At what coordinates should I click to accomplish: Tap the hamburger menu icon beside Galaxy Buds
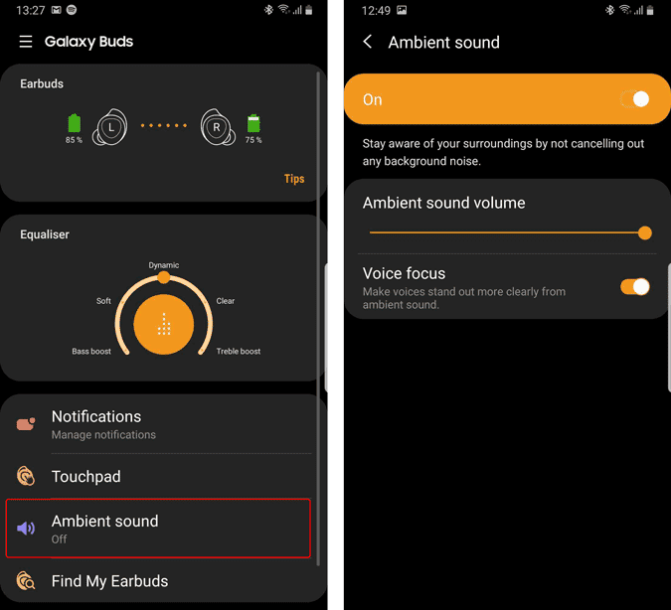[x=26, y=42]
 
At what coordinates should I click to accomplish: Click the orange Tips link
[x=294, y=179]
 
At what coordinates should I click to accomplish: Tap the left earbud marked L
[x=110, y=127]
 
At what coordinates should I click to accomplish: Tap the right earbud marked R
[x=218, y=127]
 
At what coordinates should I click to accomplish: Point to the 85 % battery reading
[x=74, y=140]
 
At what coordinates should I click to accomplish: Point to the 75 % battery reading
[x=253, y=140]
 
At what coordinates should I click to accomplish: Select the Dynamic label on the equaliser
[x=163, y=265]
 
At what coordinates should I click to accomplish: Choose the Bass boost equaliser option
[x=91, y=352]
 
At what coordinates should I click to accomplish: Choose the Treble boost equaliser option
[x=239, y=352]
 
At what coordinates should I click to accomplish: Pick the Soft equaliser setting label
[x=103, y=301]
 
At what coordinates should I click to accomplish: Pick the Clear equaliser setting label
[x=225, y=301]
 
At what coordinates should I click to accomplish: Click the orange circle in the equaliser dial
[x=163, y=324]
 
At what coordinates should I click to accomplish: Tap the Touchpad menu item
[x=86, y=477]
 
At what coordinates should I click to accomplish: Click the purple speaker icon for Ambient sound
[x=26, y=529]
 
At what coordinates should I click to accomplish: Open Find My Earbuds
[x=109, y=581]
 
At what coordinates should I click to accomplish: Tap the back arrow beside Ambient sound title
[x=367, y=42]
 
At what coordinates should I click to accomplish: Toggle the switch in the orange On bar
[x=635, y=99]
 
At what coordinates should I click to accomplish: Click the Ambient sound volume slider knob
[x=644, y=233]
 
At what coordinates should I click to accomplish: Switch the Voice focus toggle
[x=635, y=286]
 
